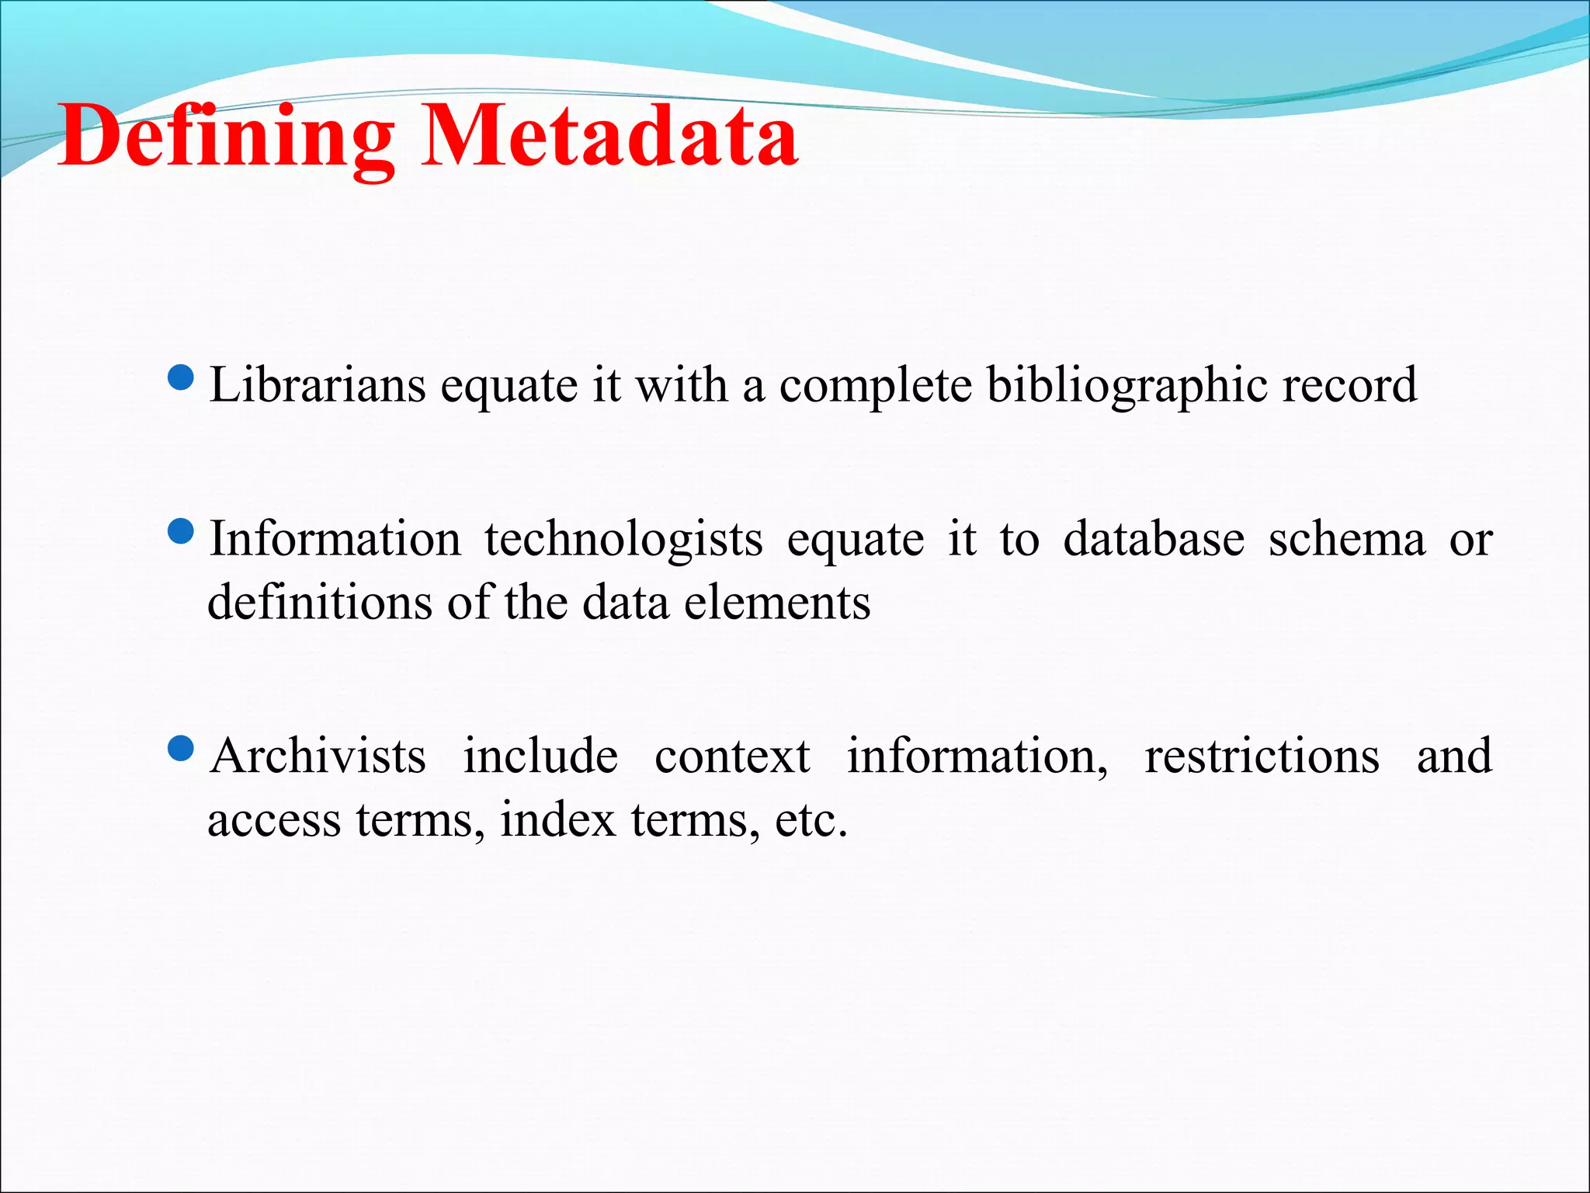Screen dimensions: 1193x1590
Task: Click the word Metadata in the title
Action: coord(609,137)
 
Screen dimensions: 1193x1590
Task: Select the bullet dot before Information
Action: coord(181,533)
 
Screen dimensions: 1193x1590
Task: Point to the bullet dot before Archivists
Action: coord(181,750)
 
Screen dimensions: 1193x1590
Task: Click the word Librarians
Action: coord(318,384)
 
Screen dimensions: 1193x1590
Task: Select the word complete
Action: coord(875,386)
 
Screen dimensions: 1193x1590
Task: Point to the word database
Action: coord(1154,538)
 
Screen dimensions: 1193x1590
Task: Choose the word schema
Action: coord(1347,538)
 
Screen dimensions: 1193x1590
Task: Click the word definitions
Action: coord(319,602)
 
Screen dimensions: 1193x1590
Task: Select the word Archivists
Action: coord(318,756)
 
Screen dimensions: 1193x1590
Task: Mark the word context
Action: coord(732,756)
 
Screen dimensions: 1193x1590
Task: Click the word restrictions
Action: coord(1262,756)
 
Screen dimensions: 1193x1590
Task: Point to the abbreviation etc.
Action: coord(811,820)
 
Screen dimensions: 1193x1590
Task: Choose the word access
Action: coord(274,820)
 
